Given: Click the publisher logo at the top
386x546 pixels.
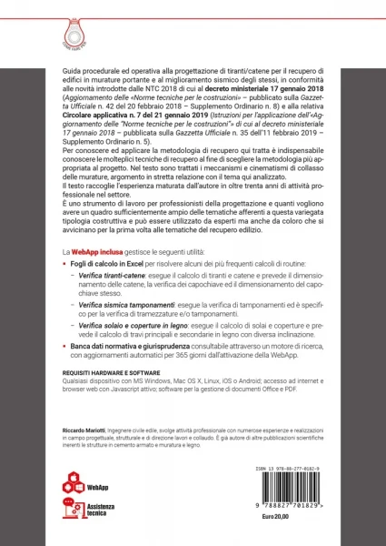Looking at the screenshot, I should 193,21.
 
